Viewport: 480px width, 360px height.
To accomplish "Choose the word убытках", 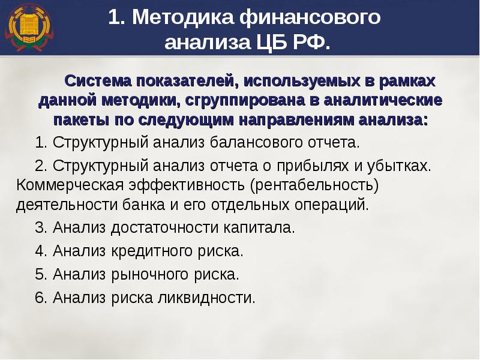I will tap(403, 165).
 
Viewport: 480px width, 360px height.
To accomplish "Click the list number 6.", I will tap(40, 298).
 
